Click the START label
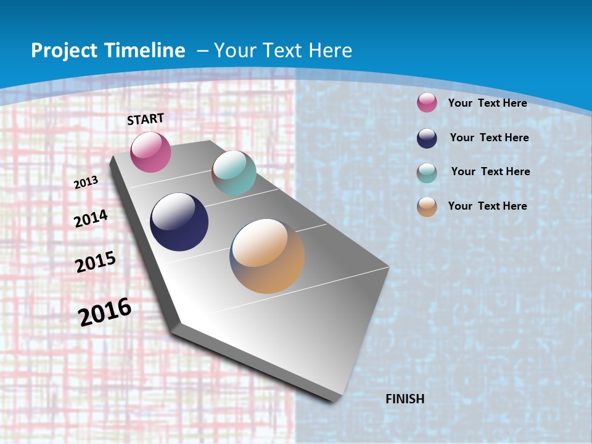click(x=146, y=119)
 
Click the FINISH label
click(x=405, y=399)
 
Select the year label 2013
click(x=86, y=183)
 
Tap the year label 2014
click(x=91, y=219)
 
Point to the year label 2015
click(x=96, y=262)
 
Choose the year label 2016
click(x=105, y=311)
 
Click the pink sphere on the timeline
click(x=150, y=152)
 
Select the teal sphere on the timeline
click(x=234, y=173)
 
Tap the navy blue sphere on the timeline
click(x=179, y=222)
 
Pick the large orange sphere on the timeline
click(x=267, y=256)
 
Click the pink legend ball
click(x=427, y=102)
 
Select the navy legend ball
click(x=427, y=138)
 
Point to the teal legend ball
click(x=427, y=173)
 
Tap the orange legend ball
click(x=427, y=207)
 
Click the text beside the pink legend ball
click(x=488, y=103)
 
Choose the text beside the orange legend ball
click(x=488, y=206)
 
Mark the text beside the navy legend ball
click(x=490, y=138)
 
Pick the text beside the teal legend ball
click(x=491, y=171)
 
